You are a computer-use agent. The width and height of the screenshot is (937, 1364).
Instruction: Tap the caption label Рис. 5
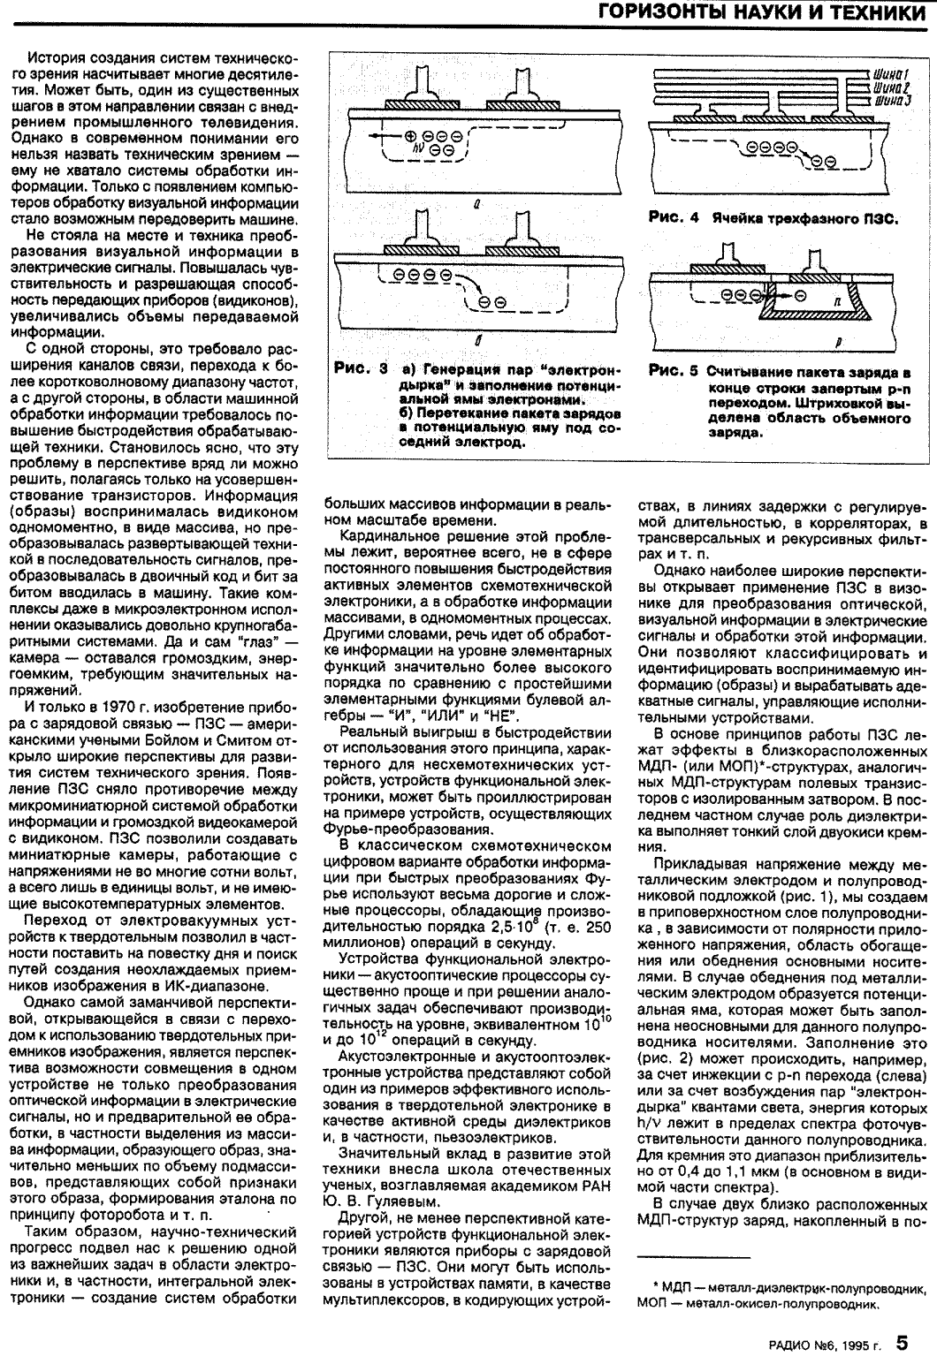[673, 373]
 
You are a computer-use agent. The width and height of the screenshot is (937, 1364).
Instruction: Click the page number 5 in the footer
[901, 1318]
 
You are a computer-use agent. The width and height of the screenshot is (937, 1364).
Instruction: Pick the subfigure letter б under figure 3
[477, 337]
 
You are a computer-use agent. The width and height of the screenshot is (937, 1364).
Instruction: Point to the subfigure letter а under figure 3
[477, 204]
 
